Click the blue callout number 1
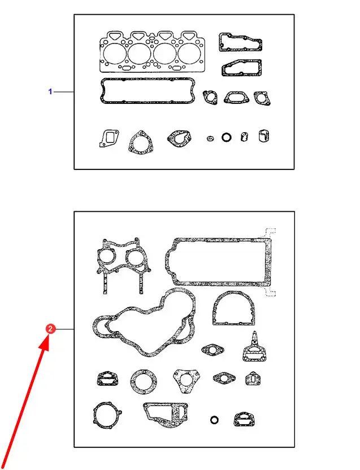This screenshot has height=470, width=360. tap(50, 92)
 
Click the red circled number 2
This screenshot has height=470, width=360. tap(50, 329)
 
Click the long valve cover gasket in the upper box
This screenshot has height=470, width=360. tap(148, 80)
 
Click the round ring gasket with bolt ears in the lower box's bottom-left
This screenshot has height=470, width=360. tap(95, 415)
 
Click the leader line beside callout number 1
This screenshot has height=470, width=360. tap(64, 92)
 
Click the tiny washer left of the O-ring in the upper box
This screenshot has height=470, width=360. tap(210, 138)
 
